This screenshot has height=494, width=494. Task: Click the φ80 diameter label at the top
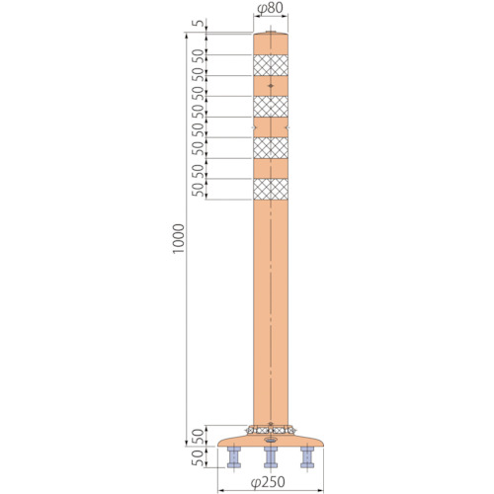point(270,8)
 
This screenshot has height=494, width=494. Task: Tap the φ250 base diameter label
point(268,482)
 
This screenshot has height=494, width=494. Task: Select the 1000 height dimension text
point(179,239)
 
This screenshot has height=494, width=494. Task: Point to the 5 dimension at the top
point(199,24)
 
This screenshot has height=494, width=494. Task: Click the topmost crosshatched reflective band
point(271,65)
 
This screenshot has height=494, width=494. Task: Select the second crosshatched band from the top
point(271,107)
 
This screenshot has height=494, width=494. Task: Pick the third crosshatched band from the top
point(271,148)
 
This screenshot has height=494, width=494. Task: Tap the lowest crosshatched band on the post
point(271,189)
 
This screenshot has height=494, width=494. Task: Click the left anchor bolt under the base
point(234,457)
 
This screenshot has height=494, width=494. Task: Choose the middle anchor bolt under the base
point(271,457)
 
